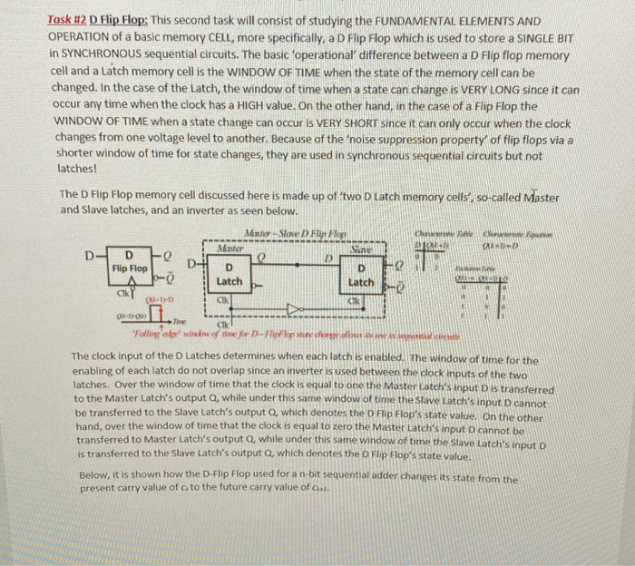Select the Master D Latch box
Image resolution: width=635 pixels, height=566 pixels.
click(230, 275)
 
